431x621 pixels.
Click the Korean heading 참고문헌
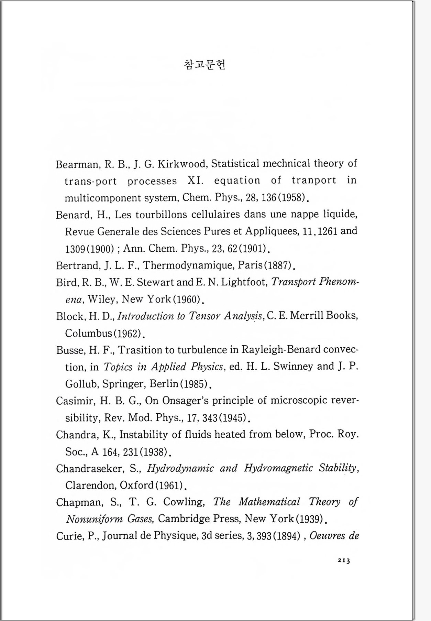point(205,65)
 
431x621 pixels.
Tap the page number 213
point(343,560)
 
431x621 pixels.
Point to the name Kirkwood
point(182,164)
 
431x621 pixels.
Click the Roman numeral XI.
point(196,181)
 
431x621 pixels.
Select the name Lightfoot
point(244,282)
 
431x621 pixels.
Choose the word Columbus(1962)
point(103,333)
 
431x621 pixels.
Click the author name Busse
point(71,350)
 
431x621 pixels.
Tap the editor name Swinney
point(293,367)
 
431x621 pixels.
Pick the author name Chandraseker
point(89,468)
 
